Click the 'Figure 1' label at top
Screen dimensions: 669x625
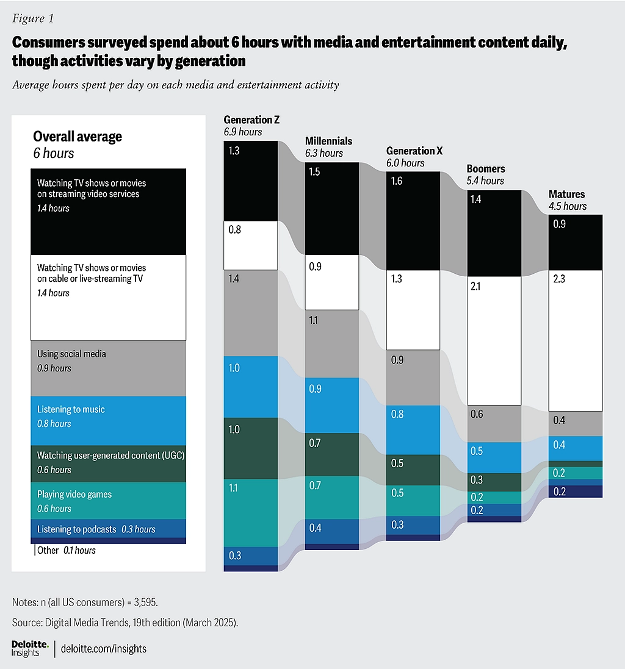pos(33,18)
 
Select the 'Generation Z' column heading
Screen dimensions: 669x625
pos(251,120)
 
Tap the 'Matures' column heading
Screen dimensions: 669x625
pos(566,194)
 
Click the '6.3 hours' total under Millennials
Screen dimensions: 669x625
pos(324,153)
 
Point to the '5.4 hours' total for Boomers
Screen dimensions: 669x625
pos(485,181)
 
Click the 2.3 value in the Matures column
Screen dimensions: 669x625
pos(559,281)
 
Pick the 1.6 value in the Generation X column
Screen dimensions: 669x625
pos(397,182)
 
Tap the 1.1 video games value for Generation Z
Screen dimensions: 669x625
pos(234,488)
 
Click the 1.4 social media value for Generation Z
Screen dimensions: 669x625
pos(234,279)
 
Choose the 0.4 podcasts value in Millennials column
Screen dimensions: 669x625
pos(315,528)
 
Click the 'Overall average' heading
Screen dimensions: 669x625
pos(78,137)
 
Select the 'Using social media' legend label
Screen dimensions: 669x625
pos(71,354)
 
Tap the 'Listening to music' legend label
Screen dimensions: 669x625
pos(71,409)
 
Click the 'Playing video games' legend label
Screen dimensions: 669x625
pos(74,494)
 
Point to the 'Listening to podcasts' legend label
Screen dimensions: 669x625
pos(76,529)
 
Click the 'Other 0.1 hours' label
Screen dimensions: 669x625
pos(67,550)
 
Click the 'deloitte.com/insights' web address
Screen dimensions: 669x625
pos(104,648)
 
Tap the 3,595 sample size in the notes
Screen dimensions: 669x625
pos(143,602)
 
